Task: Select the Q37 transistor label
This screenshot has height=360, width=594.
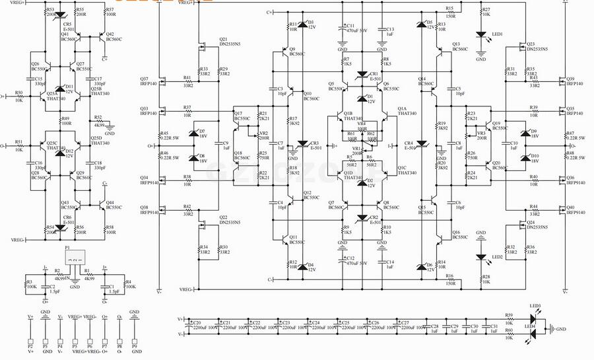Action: click(148, 81)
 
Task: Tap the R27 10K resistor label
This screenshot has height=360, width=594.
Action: click(486, 12)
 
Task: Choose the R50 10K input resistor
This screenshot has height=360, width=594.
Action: click(18, 96)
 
